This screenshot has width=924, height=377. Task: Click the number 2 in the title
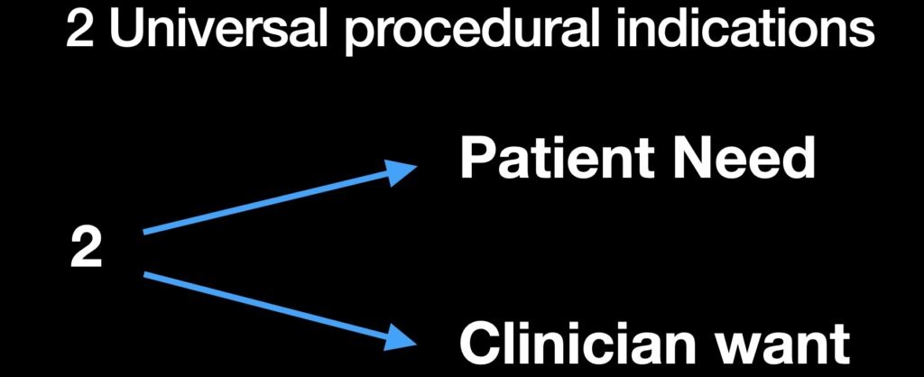coord(79,30)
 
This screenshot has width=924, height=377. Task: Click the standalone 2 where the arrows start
coord(86,249)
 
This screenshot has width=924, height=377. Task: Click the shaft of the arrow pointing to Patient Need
coord(268,201)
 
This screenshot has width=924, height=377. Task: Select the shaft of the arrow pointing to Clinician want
coord(268,305)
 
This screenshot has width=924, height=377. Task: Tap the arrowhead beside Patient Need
coord(401,171)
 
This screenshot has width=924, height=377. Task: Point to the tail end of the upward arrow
coord(144,232)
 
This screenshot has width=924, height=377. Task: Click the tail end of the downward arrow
coord(144,274)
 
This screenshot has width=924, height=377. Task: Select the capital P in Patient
coord(476,160)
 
